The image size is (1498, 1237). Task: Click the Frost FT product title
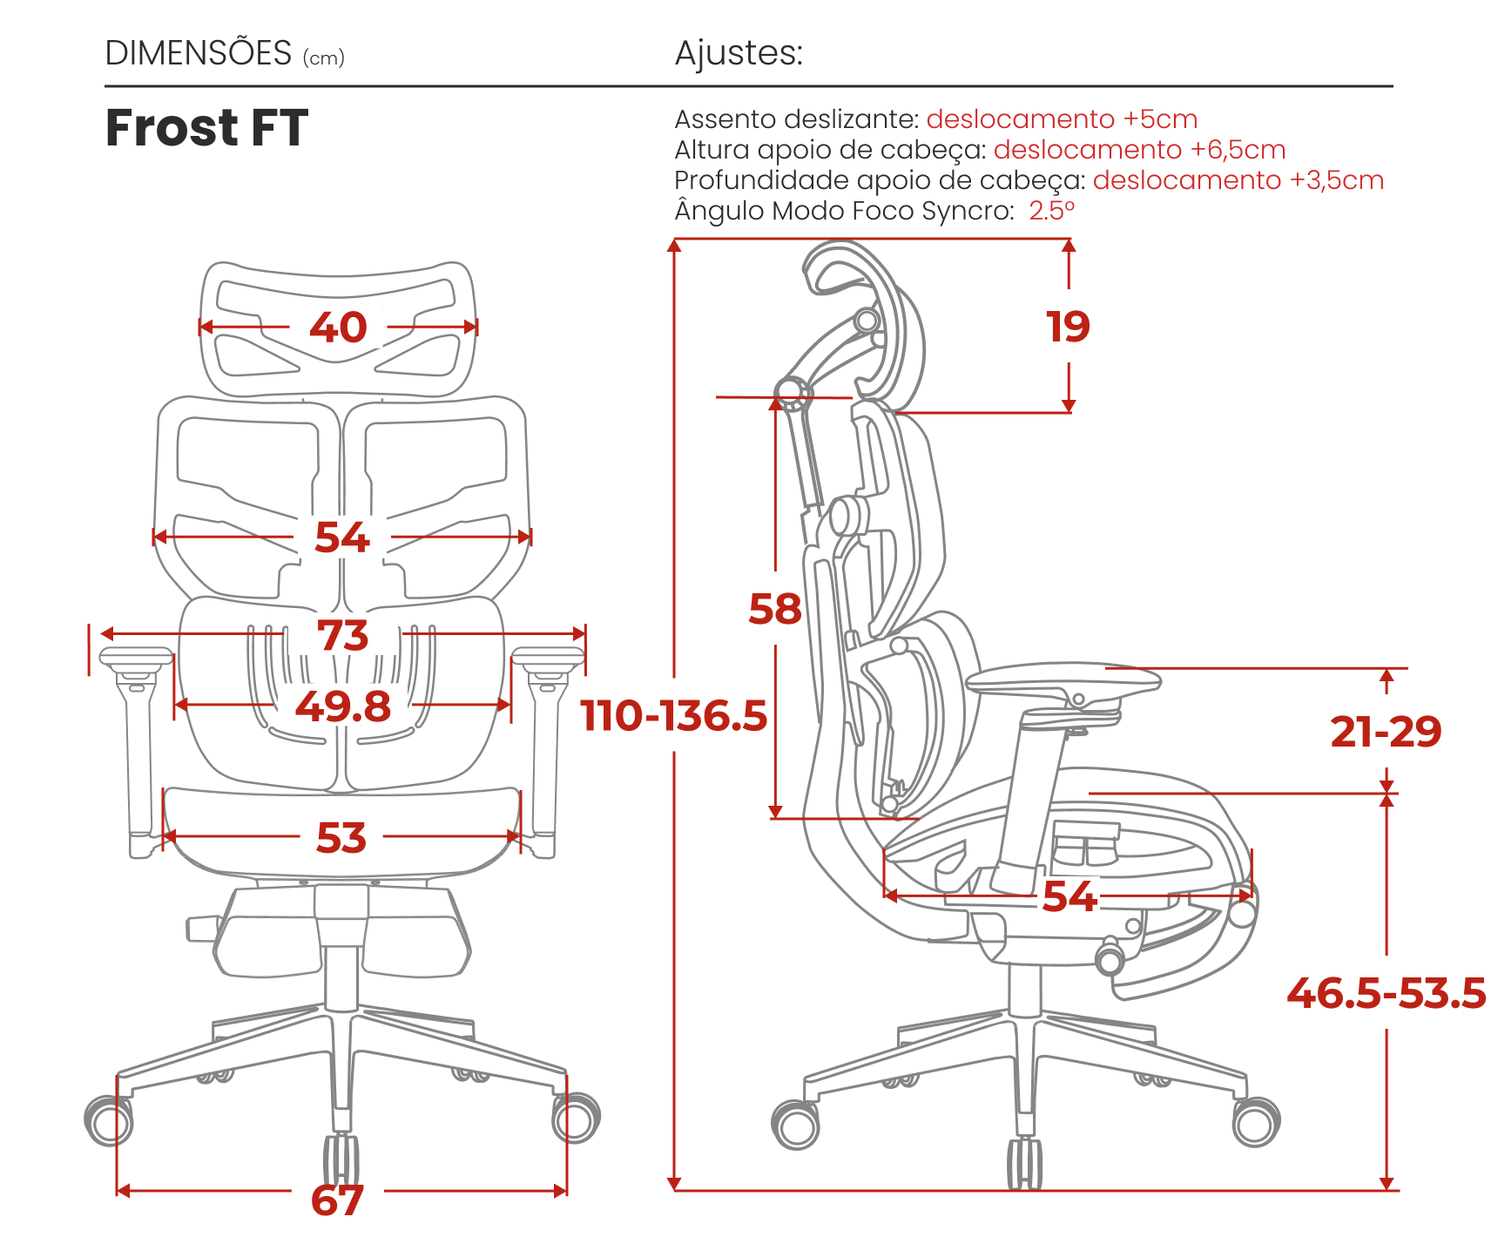206,128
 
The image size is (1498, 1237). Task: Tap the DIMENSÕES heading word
198,53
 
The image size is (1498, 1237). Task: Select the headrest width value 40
338,328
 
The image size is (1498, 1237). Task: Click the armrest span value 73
343,635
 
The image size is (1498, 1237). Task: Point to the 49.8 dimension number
343,706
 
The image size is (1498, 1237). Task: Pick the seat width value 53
341,838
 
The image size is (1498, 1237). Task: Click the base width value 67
337,1200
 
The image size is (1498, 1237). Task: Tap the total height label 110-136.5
674,715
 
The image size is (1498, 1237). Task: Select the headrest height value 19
1068,327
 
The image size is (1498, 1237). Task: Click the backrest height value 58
775,609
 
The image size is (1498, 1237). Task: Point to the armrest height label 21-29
1386,732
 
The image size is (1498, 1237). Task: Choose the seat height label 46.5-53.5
1387,993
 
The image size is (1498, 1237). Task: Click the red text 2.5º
1052,211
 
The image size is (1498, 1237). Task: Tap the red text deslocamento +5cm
1062,119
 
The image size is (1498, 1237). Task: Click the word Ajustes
739,54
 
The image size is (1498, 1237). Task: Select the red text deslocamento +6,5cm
1139,150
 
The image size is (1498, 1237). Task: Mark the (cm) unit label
324,58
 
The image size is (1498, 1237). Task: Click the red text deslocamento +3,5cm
1238,180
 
